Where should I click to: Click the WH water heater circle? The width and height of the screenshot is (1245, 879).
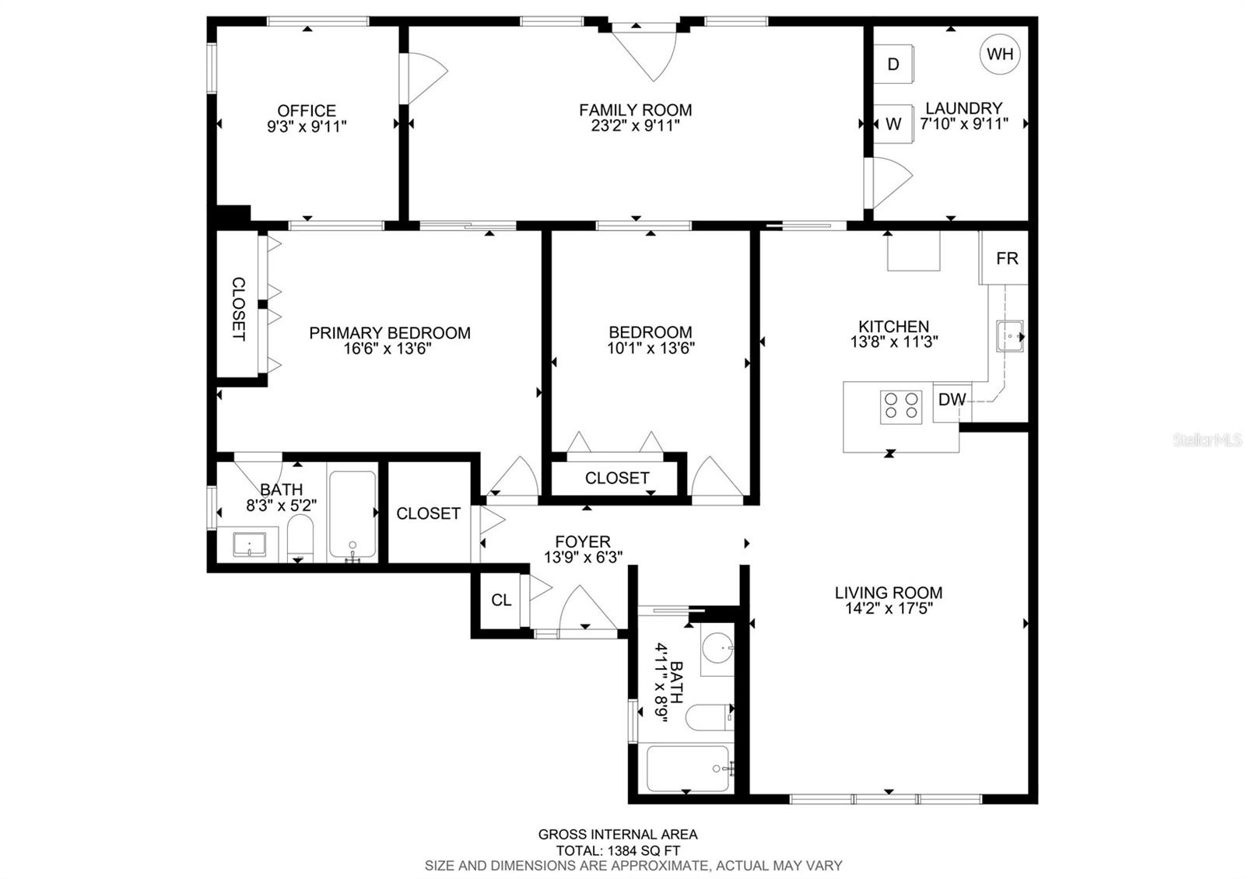1000,54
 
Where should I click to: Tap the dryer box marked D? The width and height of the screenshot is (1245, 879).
893,64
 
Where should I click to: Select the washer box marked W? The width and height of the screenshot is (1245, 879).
893,124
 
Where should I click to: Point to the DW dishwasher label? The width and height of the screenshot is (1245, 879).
952,399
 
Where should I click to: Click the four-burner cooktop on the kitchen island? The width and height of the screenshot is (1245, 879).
901,408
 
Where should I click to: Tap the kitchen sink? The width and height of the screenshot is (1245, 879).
1010,336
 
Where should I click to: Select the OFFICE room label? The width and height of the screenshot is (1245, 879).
307,110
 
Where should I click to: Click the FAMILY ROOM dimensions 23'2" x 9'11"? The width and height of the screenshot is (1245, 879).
635,125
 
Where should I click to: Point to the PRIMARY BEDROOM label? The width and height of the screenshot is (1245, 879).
390,333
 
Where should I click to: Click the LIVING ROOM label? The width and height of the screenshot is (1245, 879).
889,593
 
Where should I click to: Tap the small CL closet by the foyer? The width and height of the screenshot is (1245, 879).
501,600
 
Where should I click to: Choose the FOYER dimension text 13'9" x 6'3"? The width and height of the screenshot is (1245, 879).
583,557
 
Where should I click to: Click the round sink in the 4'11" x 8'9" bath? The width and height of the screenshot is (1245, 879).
718,647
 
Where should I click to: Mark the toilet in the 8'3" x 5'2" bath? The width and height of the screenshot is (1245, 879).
300,538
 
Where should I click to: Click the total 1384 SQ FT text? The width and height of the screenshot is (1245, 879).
618,851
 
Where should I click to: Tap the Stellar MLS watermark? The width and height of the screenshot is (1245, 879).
1207,440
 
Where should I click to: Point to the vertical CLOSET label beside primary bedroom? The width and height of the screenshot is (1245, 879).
238,308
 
